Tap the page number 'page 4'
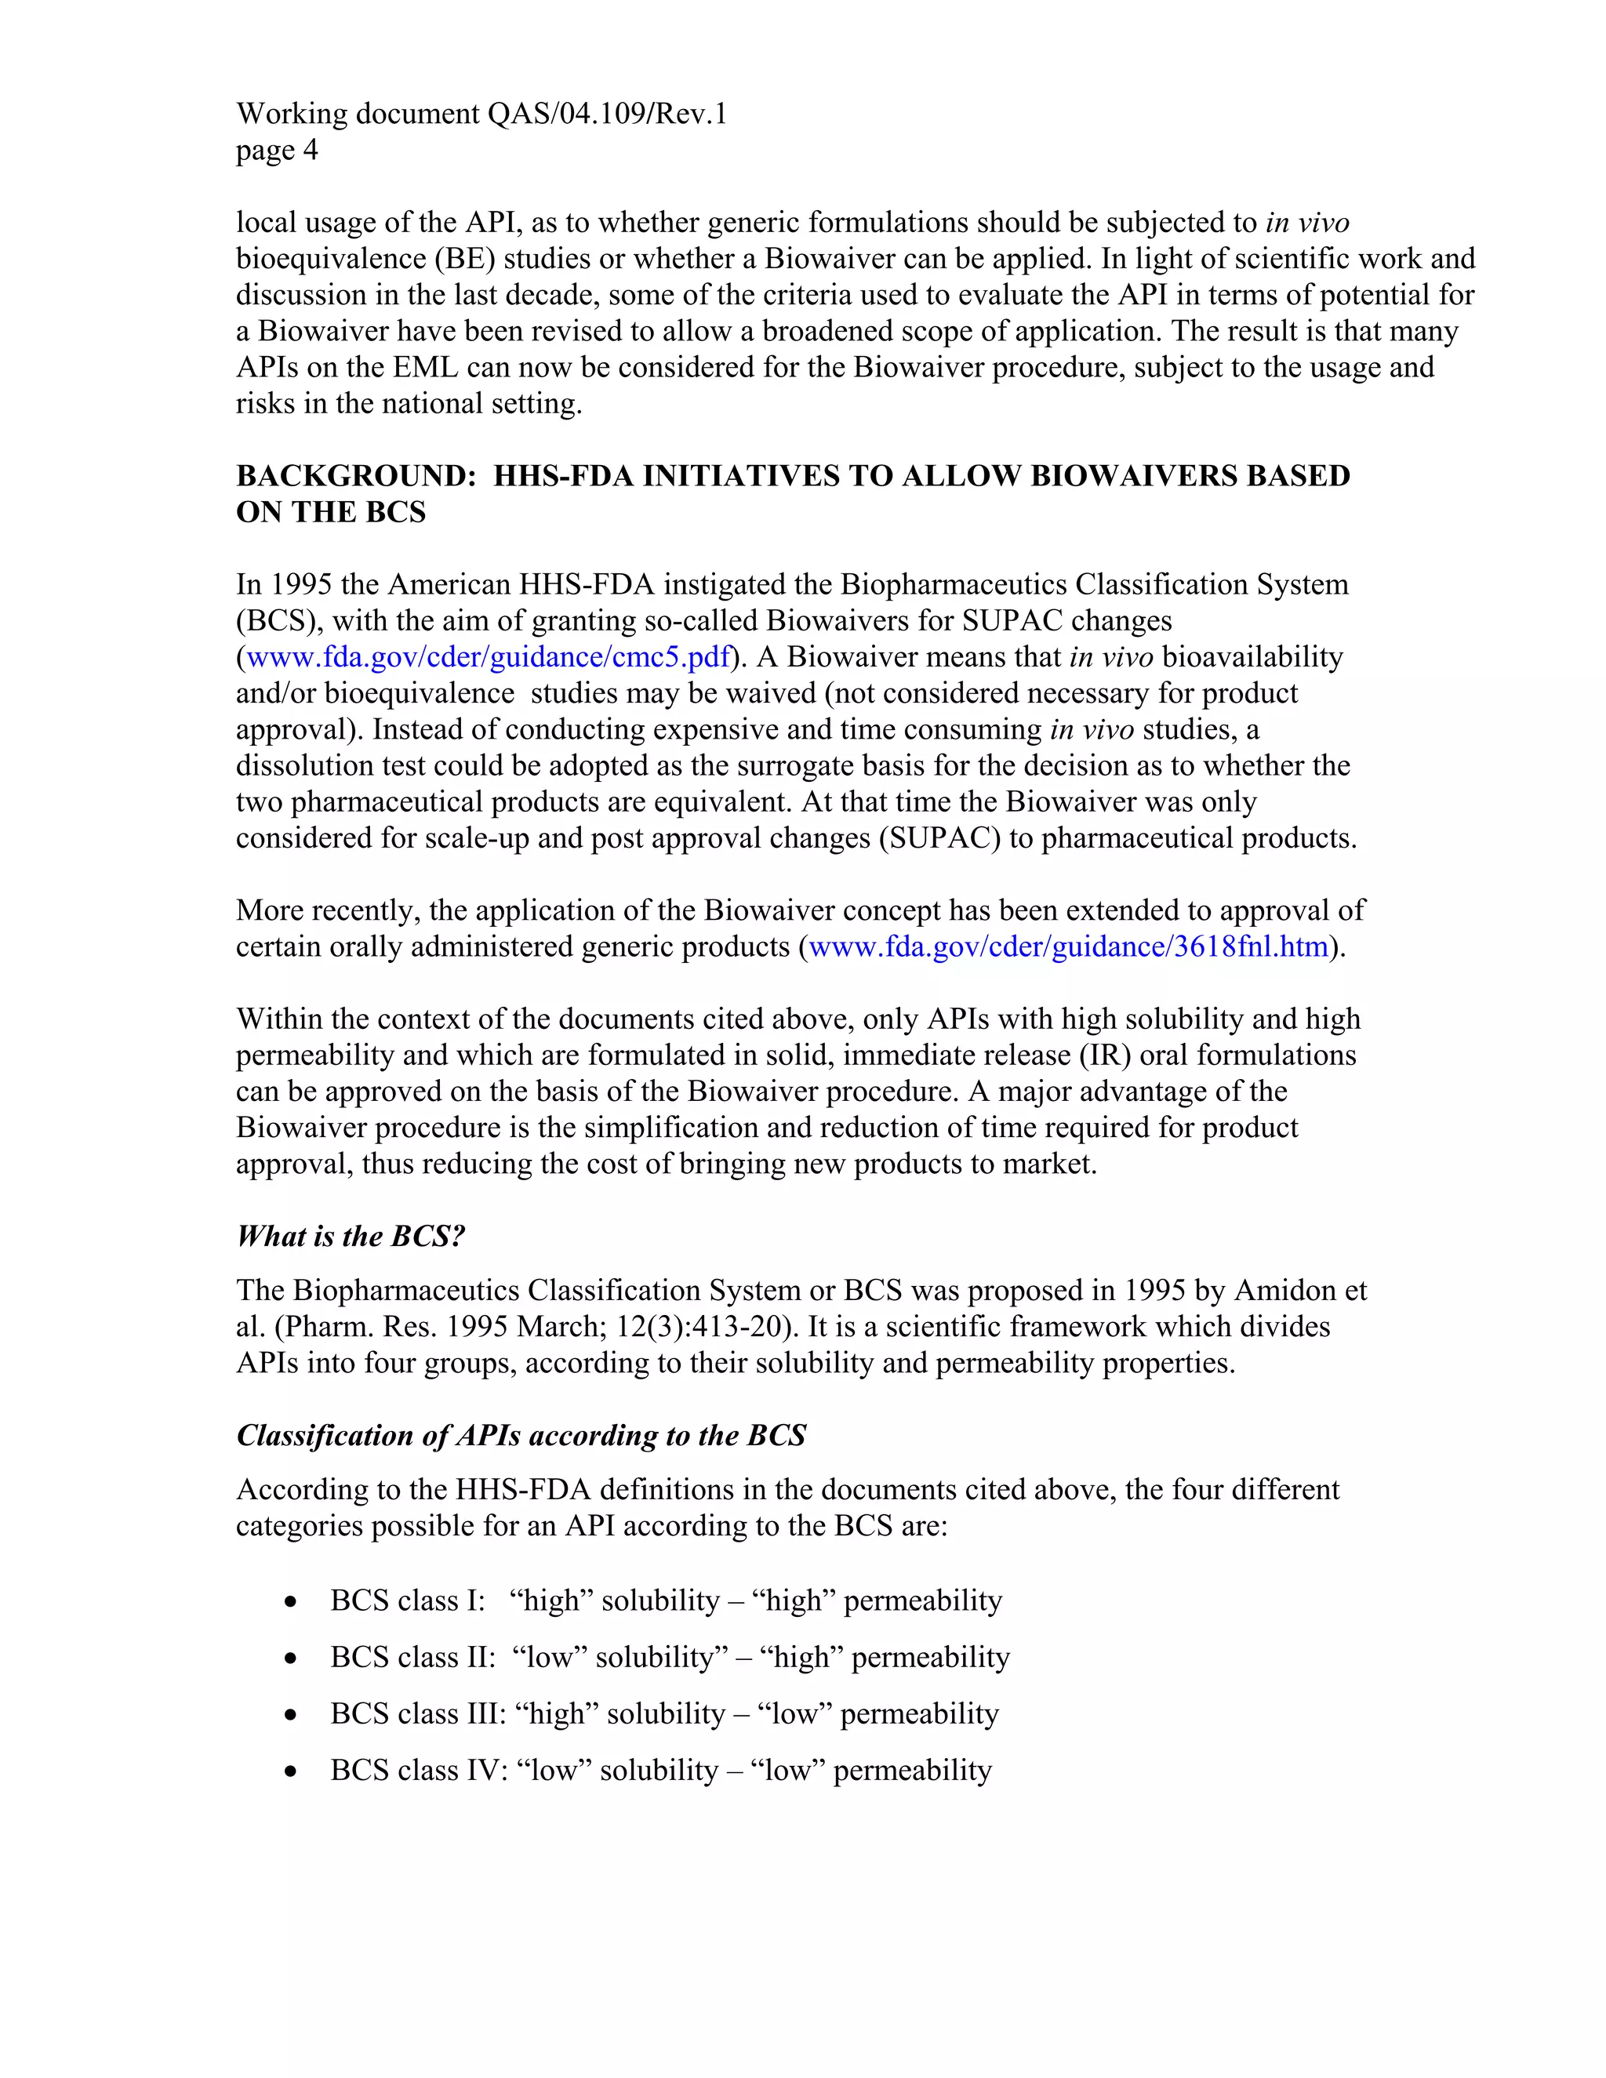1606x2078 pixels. [277, 151]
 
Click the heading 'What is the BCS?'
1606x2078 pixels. [350, 1237]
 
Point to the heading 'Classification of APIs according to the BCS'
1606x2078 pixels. [521, 1436]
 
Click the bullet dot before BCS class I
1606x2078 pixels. [291, 1602]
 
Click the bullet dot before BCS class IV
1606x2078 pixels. [291, 1771]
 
